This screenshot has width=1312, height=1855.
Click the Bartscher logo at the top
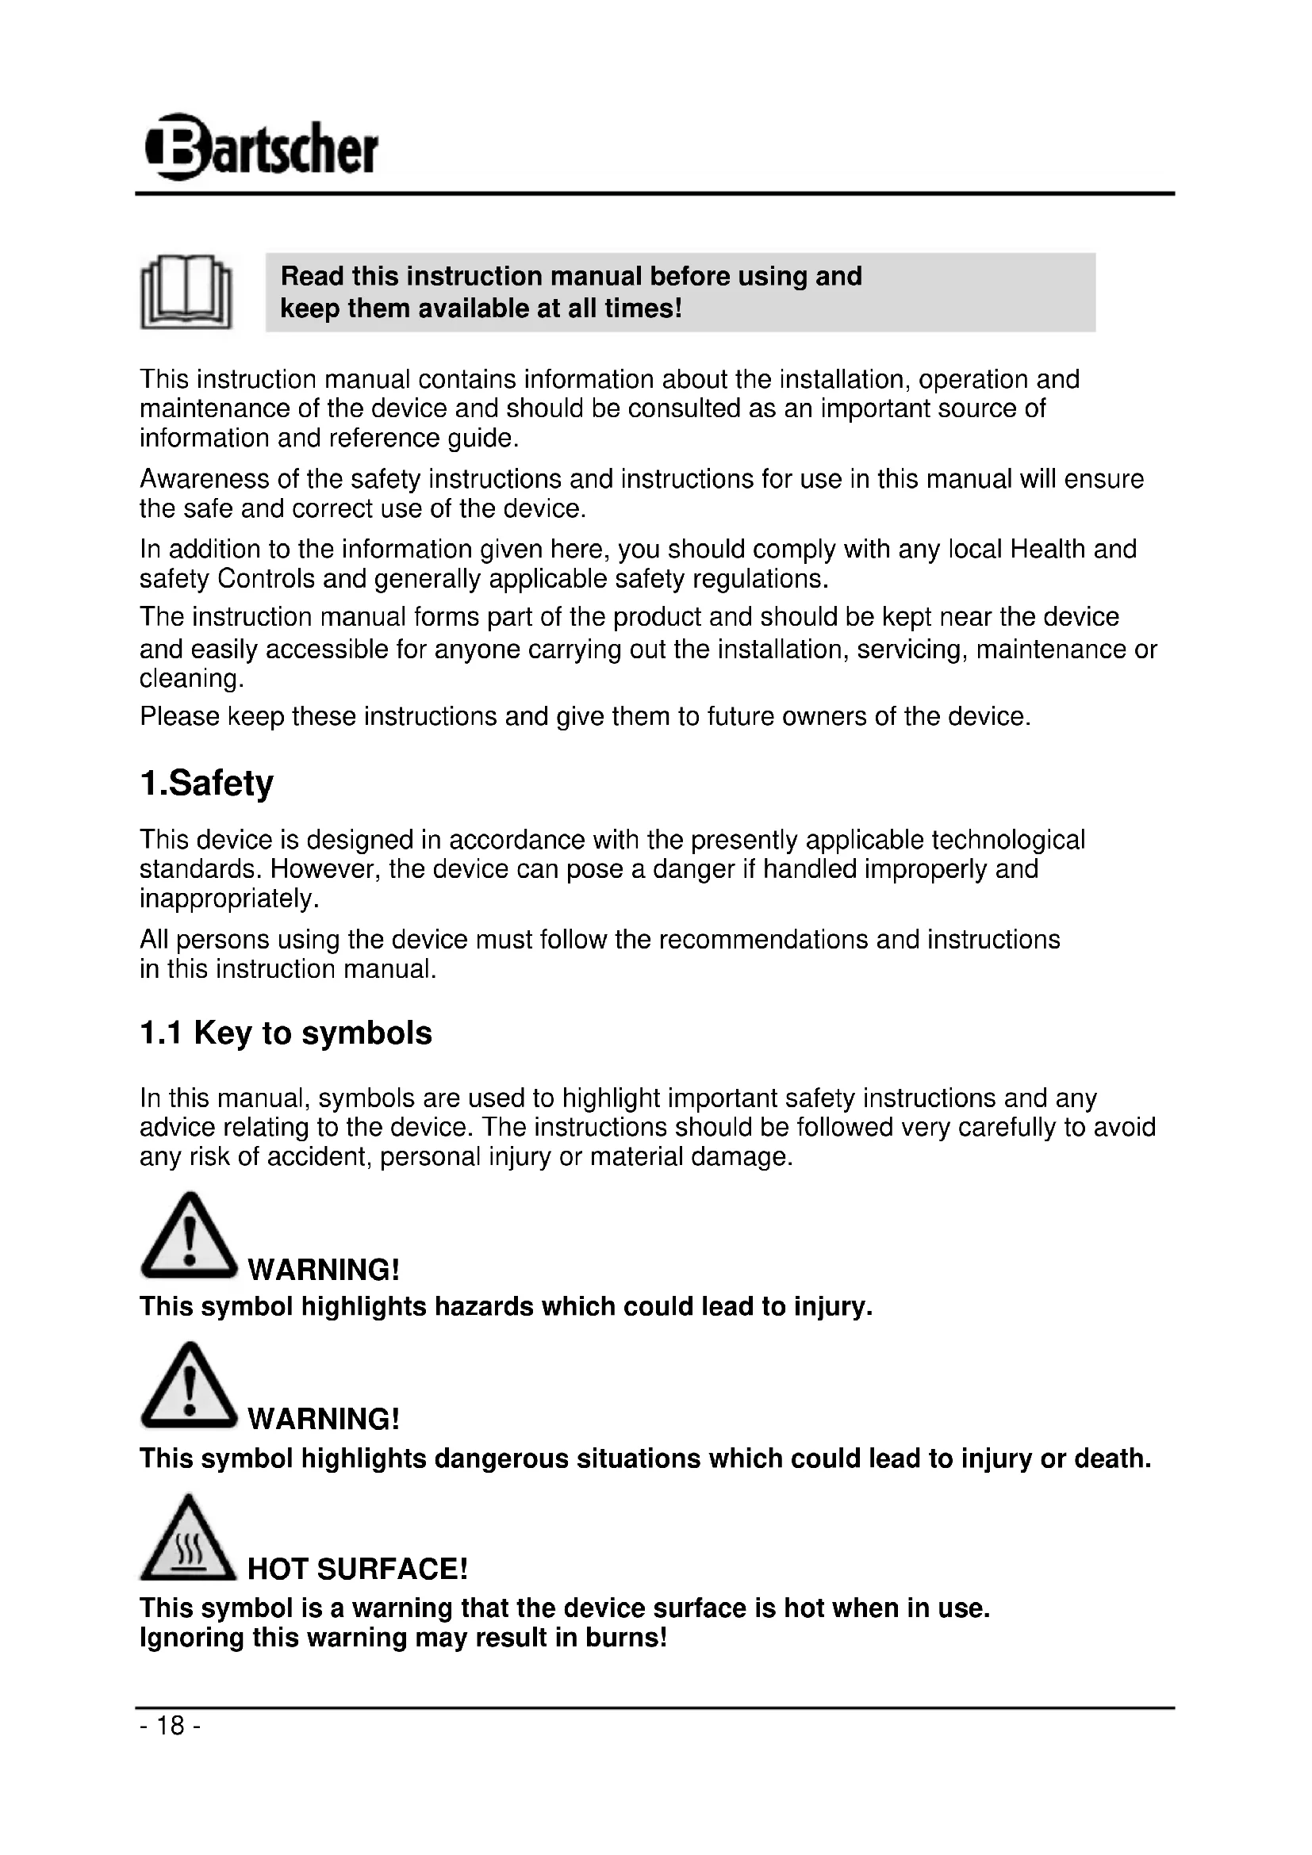(262, 148)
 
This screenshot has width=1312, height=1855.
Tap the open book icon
(186, 293)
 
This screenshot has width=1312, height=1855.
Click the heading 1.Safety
(207, 783)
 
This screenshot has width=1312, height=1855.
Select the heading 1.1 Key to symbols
(286, 1033)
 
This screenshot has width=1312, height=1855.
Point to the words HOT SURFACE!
(357, 1569)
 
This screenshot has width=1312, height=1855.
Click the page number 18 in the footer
(171, 1725)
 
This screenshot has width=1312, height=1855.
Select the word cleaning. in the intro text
(192, 678)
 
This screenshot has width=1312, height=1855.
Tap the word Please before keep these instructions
(179, 717)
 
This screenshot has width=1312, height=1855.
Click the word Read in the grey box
(313, 276)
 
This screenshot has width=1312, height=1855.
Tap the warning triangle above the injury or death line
(188, 1388)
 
